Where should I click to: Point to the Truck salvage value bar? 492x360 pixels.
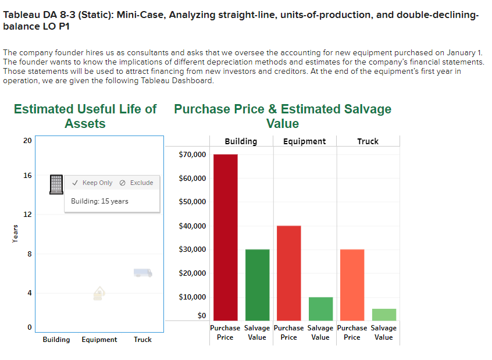384,314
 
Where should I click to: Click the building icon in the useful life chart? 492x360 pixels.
56,184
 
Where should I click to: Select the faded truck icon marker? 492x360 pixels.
142,273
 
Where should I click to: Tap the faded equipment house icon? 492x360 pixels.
99,294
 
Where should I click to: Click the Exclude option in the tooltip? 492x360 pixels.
137,183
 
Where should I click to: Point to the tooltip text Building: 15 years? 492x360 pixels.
99,201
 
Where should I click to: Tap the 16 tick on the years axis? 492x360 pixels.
27,176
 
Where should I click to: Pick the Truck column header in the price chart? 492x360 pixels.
368,141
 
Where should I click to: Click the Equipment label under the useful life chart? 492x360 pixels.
99,340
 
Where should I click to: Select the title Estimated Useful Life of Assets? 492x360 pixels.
85,116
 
